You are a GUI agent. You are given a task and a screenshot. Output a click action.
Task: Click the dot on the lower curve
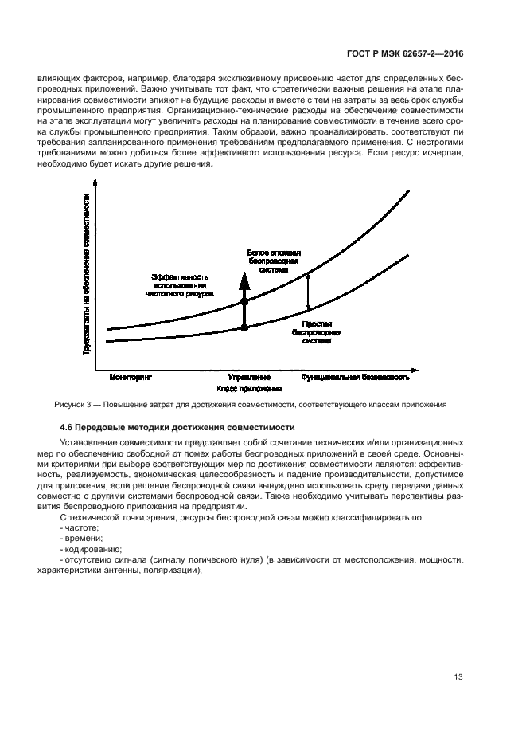[x=244, y=327]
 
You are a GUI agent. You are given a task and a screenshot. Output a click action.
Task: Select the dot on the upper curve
[x=244, y=301]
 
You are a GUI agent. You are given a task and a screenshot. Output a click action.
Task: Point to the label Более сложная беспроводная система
[x=273, y=261]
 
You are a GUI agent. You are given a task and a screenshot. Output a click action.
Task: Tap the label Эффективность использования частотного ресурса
[x=180, y=284]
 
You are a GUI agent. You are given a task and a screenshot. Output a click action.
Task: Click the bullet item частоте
[x=83, y=528]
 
